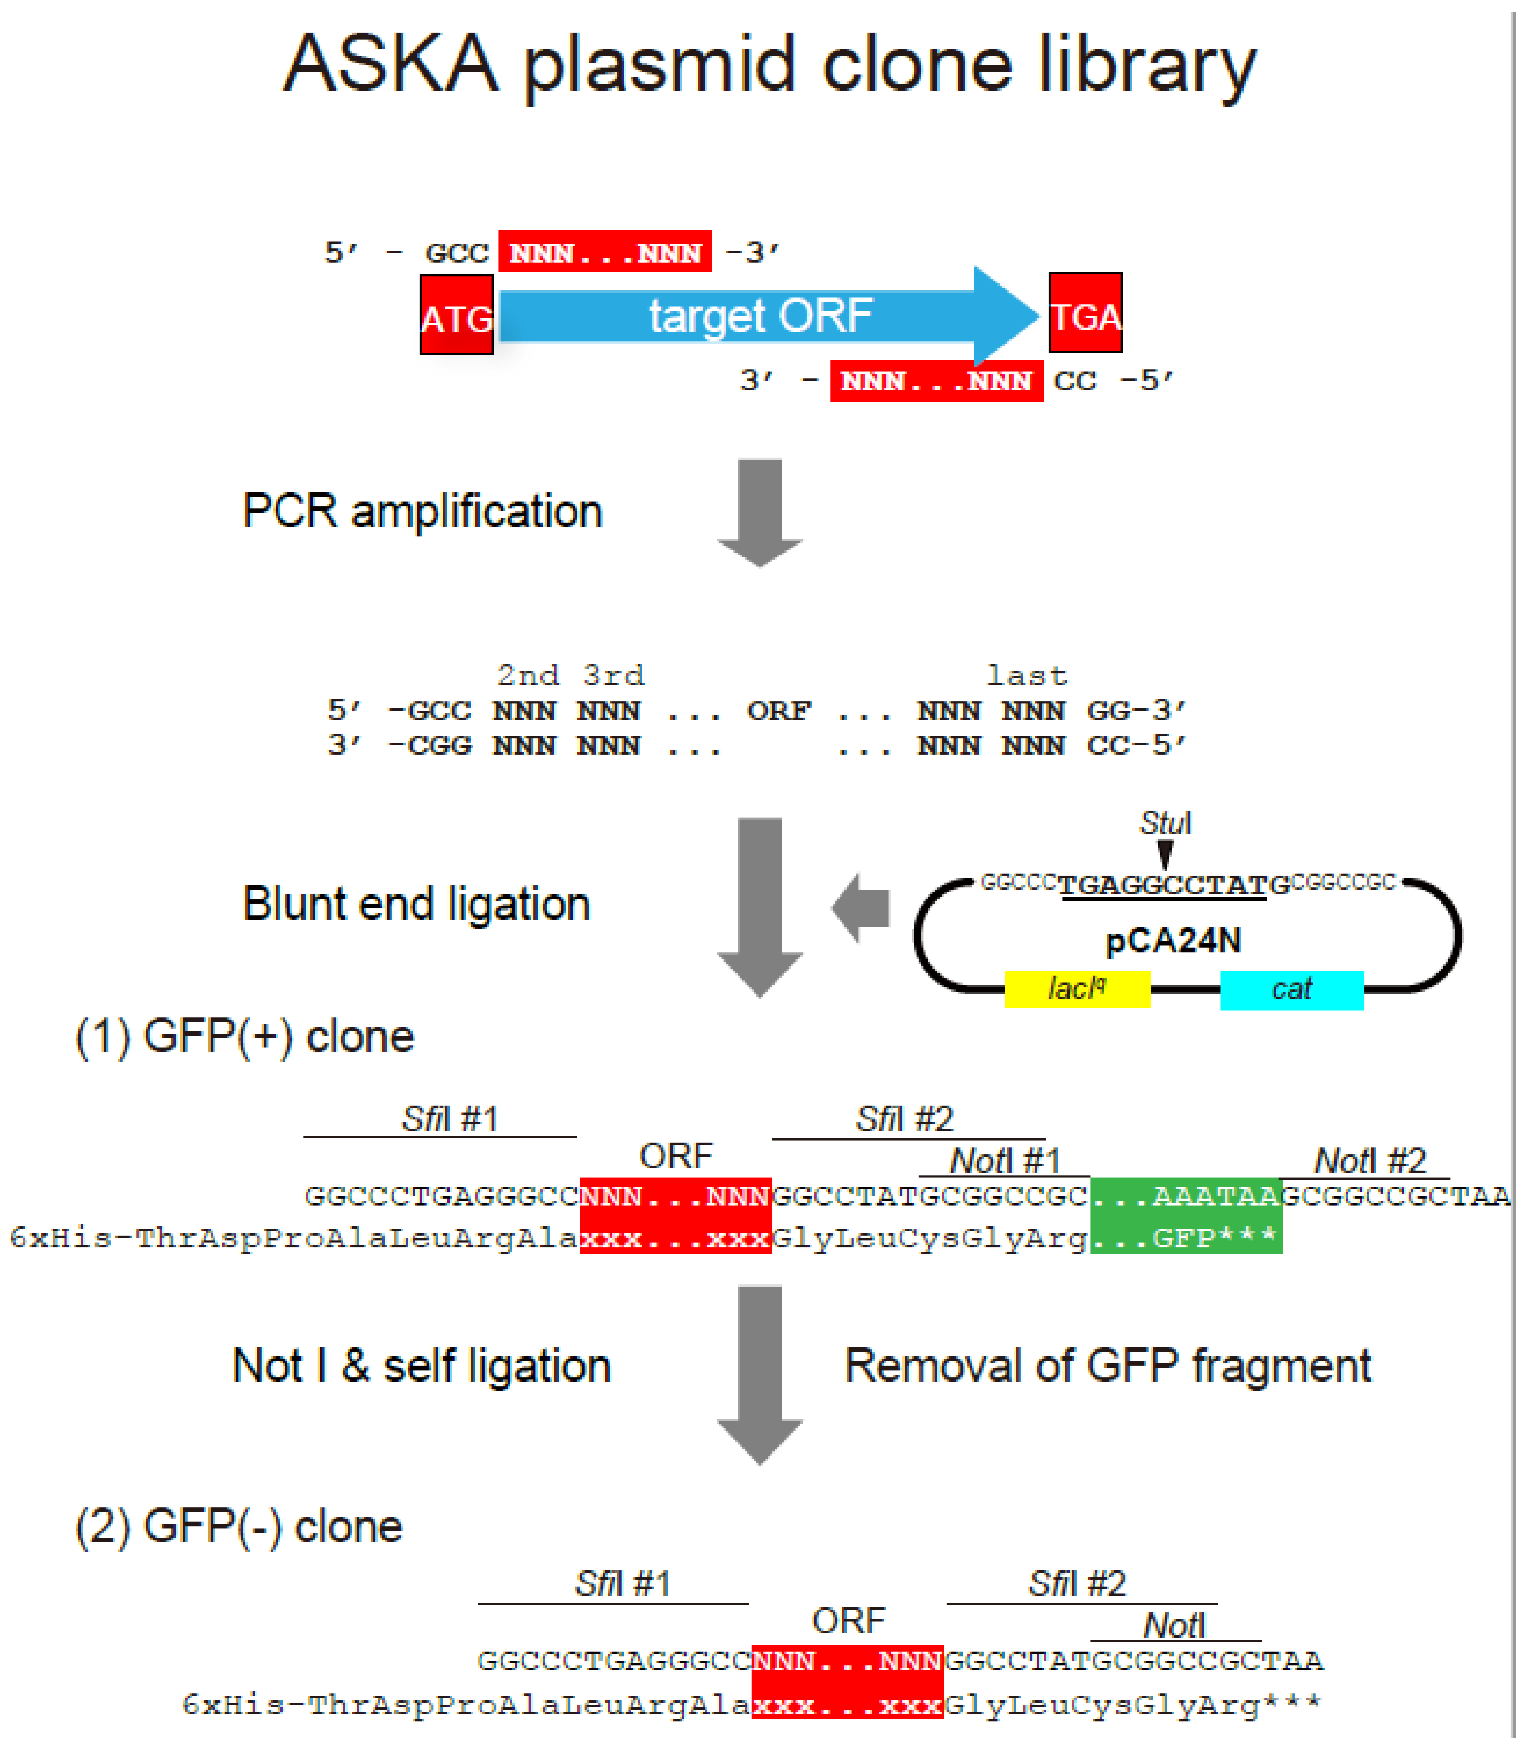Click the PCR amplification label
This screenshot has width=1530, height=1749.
click(423, 511)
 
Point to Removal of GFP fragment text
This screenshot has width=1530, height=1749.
click(1107, 1366)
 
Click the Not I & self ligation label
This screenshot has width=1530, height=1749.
click(422, 1366)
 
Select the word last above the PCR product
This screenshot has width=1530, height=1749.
click(1027, 676)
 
